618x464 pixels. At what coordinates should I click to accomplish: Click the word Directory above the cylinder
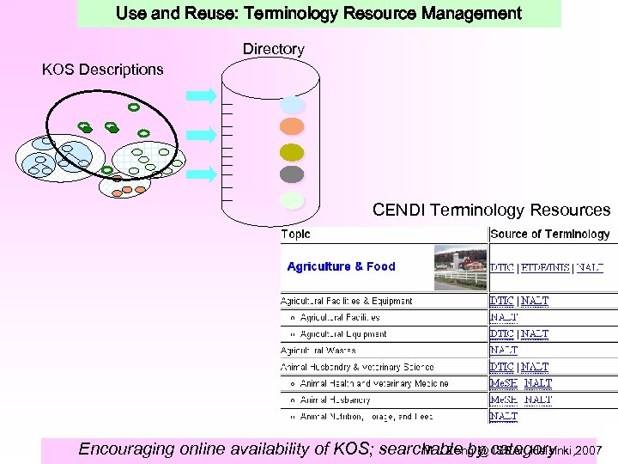(x=273, y=50)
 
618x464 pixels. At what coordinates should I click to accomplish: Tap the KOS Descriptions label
(x=102, y=70)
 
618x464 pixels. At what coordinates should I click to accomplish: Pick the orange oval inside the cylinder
(x=293, y=127)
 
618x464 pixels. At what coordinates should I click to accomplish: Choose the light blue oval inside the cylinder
(x=293, y=105)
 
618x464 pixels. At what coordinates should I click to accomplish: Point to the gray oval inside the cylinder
(x=293, y=174)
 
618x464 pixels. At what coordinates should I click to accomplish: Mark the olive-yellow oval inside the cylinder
(x=293, y=151)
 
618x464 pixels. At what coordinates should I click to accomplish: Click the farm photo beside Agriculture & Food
(x=460, y=266)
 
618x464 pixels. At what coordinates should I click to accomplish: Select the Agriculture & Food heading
(x=341, y=266)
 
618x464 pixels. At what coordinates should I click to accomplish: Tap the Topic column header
(x=296, y=234)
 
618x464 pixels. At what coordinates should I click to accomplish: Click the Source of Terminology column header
(x=549, y=234)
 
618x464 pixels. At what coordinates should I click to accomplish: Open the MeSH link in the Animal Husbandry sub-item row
(x=504, y=400)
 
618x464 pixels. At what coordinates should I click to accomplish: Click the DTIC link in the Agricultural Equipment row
(x=502, y=333)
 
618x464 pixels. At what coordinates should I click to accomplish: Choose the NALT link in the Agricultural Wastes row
(x=504, y=350)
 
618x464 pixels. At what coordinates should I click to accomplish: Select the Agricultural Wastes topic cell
(x=318, y=350)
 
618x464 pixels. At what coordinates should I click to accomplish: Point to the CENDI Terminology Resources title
(x=491, y=210)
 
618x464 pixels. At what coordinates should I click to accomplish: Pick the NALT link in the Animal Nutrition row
(x=504, y=416)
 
